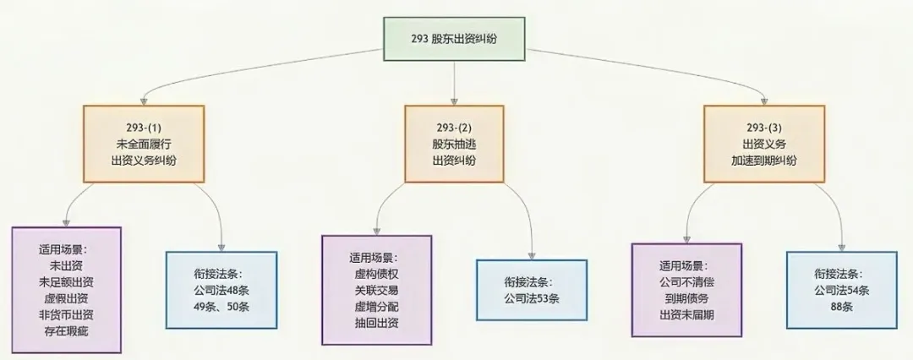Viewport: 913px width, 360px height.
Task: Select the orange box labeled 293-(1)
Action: click(x=144, y=144)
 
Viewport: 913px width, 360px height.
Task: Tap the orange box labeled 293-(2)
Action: click(x=454, y=144)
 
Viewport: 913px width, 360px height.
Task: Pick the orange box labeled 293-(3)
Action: click(x=764, y=144)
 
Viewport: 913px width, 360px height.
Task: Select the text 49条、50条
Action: click(x=221, y=305)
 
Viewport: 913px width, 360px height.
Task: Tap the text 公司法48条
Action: click(x=221, y=289)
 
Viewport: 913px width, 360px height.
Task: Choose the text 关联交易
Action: click(x=377, y=290)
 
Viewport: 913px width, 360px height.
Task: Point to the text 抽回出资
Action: click(x=377, y=323)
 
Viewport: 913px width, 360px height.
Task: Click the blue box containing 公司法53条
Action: click(x=532, y=290)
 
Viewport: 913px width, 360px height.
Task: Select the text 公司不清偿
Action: click(x=686, y=281)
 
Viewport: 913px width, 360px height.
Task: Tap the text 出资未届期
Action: click(x=686, y=314)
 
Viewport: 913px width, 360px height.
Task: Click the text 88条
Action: click(x=842, y=305)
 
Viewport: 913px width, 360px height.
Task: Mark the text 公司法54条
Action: click(x=842, y=289)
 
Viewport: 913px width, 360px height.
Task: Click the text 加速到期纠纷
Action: click(x=764, y=160)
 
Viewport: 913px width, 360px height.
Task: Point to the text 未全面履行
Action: click(x=144, y=144)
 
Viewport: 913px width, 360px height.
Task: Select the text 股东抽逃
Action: click(x=454, y=144)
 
